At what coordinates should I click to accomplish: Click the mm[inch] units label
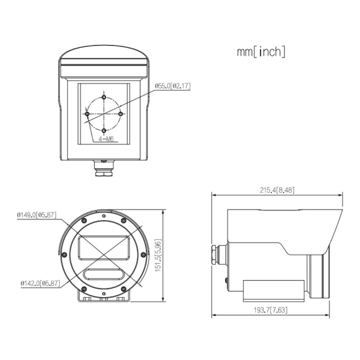pyautogui.click(x=261, y=51)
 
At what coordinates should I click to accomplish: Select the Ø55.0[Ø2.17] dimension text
pyautogui.click(x=173, y=86)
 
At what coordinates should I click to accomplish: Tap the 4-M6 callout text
pyautogui.click(x=106, y=139)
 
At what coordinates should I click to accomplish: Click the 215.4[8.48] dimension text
pyautogui.click(x=277, y=190)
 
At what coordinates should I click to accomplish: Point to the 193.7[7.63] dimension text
pyautogui.click(x=270, y=310)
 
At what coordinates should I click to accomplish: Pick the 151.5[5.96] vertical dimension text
pyautogui.click(x=158, y=255)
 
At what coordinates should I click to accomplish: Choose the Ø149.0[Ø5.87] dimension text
pyautogui.click(x=36, y=215)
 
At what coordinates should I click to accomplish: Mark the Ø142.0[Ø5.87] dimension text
pyautogui.click(x=40, y=283)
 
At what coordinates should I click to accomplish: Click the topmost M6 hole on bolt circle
pyautogui.click(x=104, y=97)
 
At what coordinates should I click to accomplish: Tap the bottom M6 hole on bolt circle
pyautogui.click(x=104, y=130)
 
